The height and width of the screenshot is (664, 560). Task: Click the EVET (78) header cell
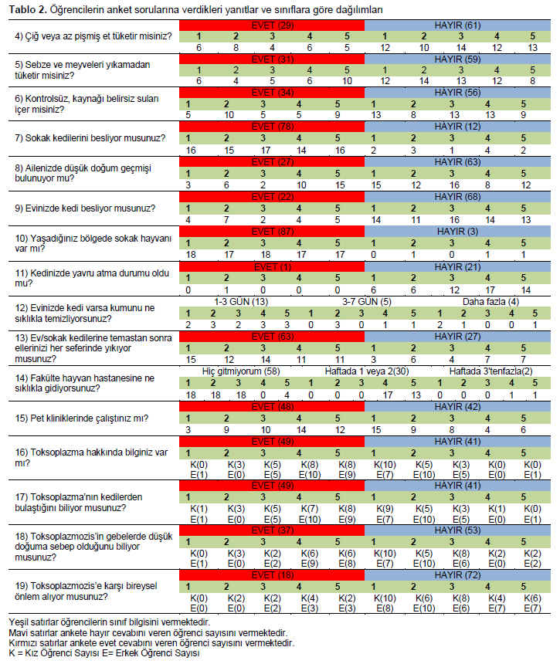click(x=272, y=127)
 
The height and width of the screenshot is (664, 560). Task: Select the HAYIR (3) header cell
click(x=457, y=232)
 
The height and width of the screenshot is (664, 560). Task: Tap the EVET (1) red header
click(x=272, y=267)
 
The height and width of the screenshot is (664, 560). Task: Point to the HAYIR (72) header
click(x=457, y=575)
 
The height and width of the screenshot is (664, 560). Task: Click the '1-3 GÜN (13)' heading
click(x=241, y=302)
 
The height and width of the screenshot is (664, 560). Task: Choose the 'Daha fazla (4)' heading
click(x=490, y=302)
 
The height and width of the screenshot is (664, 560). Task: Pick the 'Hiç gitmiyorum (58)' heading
click(x=241, y=371)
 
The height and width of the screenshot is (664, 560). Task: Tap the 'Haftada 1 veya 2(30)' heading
click(x=367, y=371)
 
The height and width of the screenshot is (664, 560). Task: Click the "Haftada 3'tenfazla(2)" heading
click(x=491, y=371)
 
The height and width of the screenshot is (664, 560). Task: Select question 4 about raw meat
click(x=93, y=36)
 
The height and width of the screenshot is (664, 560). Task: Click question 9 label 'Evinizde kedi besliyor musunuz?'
click(x=85, y=208)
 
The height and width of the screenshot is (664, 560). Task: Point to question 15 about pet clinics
click(x=82, y=418)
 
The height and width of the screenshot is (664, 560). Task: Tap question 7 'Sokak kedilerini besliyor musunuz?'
click(x=90, y=138)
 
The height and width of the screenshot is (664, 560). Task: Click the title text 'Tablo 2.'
click(x=28, y=10)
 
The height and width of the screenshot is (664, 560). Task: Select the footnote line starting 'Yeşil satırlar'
click(x=109, y=622)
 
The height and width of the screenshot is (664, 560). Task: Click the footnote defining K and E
click(x=104, y=653)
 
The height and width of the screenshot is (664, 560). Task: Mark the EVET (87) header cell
click(x=272, y=232)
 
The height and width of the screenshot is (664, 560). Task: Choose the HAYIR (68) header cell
click(x=457, y=197)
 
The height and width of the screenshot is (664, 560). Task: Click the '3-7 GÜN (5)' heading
click(x=367, y=302)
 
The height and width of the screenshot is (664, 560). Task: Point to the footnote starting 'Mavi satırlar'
click(x=148, y=633)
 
